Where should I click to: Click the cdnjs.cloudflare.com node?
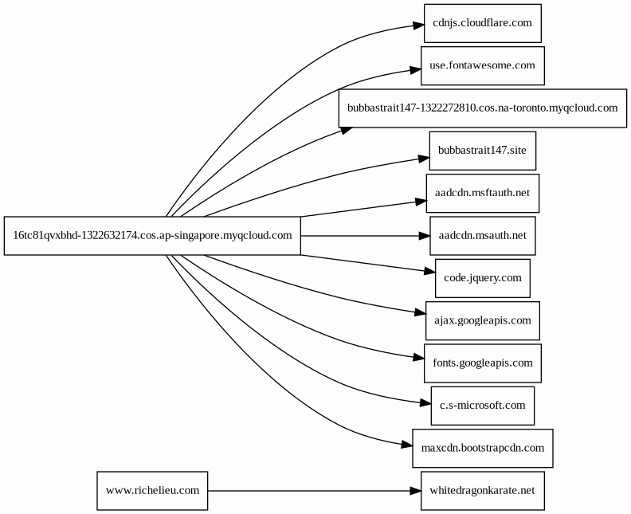[483, 23]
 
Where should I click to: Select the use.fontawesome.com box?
[483, 65]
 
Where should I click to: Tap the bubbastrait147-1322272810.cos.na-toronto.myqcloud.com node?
[483, 108]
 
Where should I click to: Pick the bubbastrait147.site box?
[483, 151]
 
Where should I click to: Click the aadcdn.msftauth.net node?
[483, 193]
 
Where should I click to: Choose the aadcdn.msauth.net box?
[483, 236]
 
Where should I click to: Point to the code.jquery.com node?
[483, 278]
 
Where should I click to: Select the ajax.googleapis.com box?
[483, 321]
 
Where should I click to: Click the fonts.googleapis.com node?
[483, 363]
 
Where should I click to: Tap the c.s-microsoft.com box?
[483, 406]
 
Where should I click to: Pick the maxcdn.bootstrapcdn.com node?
[483, 448]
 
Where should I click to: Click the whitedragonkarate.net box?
[483, 491]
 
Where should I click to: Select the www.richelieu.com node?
[152, 491]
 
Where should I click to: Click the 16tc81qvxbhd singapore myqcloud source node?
[152, 236]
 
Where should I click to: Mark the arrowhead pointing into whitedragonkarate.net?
[416, 491]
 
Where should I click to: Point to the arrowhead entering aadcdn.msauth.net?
[425, 236]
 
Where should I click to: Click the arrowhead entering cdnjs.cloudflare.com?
[419, 26]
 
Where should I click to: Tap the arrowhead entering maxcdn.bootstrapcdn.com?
[407, 445]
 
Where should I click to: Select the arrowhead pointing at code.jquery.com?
[430, 272]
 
